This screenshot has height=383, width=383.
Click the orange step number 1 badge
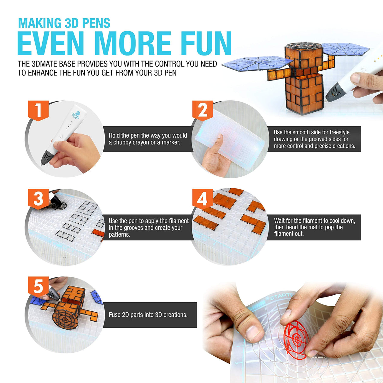tap(38, 110)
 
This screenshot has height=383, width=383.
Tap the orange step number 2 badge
tap(203, 110)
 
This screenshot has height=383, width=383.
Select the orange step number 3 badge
tap(38, 199)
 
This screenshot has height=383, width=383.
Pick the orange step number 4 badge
tap(203, 199)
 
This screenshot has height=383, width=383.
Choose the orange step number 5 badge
tap(38, 287)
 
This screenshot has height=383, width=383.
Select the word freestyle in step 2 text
tap(339, 132)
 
